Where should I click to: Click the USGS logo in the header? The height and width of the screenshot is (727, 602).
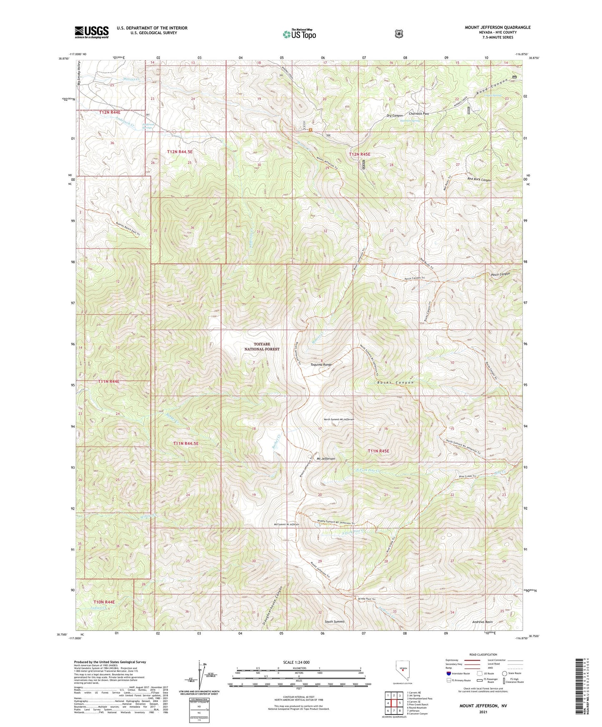[92, 32]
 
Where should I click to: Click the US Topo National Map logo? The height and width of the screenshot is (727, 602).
[299, 34]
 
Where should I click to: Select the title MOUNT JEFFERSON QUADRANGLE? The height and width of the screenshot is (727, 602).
[497, 27]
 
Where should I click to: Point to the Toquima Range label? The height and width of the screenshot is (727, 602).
[321, 365]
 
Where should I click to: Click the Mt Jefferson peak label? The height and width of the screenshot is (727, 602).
[326, 458]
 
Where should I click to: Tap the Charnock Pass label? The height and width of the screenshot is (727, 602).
[419, 113]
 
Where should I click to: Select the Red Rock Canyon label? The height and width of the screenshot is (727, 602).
[479, 180]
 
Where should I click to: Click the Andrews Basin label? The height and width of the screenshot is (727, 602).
[482, 622]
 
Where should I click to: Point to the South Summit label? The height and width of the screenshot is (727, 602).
[335, 622]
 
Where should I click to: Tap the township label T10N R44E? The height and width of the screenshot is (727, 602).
[104, 602]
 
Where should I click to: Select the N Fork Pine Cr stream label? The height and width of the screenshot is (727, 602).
[369, 471]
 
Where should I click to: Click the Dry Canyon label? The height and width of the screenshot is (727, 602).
[395, 115]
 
